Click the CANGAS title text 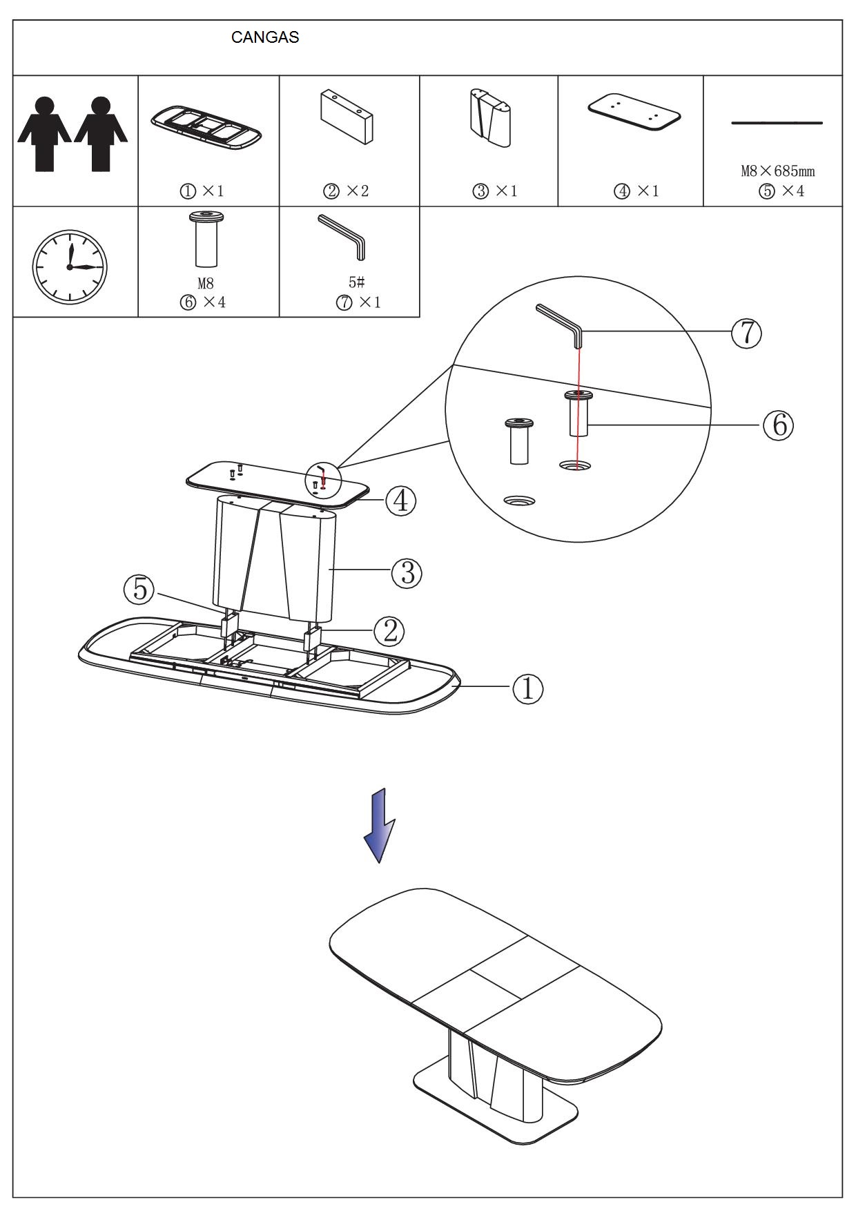[265, 37]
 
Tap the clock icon [70, 267]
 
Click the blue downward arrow [379, 825]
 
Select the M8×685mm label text [777, 171]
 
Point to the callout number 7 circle [746, 333]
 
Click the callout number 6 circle [778, 425]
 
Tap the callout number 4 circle [400, 501]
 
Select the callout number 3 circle [407, 572]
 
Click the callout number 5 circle [140, 589]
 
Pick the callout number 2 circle [389, 630]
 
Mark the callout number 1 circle [527, 688]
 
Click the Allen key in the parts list [343, 236]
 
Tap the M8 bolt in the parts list [206, 238]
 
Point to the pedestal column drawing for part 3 [491, 117]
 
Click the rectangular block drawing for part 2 [347, 115]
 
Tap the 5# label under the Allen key [356, 282]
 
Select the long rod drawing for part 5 [777, 123]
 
